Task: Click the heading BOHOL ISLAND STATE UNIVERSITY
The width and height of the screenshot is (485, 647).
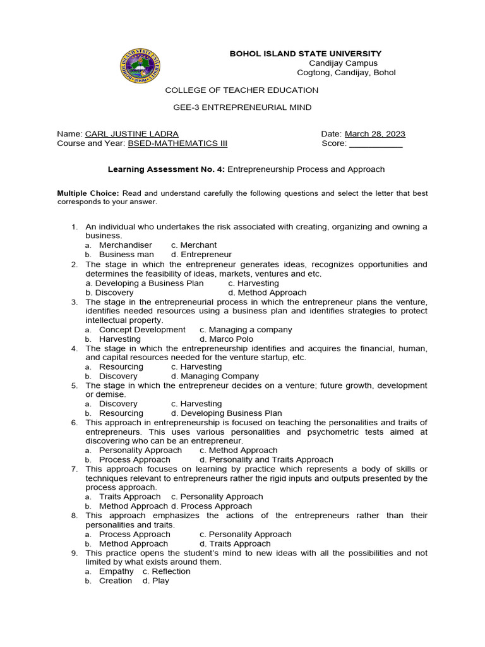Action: click(x=305, y=54)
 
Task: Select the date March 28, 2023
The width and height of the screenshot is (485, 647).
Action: click(x=375, y=134)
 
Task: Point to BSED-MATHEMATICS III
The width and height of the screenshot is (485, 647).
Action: click(x=169, y=143)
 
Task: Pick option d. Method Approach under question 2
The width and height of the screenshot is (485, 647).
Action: click(x=267, y=293)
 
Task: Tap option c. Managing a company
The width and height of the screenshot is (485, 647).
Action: click(x=246, y=330)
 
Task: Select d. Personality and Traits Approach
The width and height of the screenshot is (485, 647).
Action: click(x=266, y=459)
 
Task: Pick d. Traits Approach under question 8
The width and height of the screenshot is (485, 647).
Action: click(x=235, y=543)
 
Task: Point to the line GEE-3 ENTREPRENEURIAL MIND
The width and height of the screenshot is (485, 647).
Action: click(x=242, y=107)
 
